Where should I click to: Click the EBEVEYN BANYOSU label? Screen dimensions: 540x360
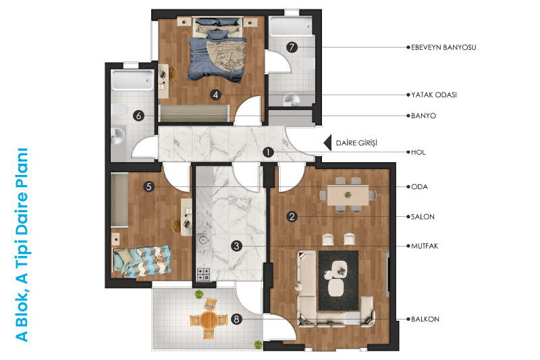(443, 47)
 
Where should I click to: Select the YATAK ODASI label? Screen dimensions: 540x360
(434, 95)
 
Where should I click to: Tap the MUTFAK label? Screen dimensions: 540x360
(425, 246)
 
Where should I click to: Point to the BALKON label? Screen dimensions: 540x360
(425, 319)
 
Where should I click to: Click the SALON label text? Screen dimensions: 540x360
(423, 217)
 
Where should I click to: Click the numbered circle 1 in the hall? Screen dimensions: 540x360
(268, 152)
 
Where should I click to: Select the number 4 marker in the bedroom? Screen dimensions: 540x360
(216, 95)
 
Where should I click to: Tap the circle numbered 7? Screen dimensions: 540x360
(292, 47)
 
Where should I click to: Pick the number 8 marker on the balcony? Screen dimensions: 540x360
(236, 319)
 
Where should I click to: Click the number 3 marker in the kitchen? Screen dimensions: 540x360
(236, 246)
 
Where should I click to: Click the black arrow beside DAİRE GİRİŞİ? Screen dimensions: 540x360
(327, 143)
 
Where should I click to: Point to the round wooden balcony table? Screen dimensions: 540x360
(208, 319)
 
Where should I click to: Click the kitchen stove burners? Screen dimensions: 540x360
(203, 274)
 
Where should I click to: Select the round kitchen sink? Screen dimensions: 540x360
(203, 239)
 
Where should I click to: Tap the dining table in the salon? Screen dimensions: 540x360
(348, 195)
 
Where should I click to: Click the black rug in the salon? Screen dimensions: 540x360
(338, 280)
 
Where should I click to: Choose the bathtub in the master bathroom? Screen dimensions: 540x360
(292, 26)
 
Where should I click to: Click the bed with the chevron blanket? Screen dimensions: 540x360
(142, 261)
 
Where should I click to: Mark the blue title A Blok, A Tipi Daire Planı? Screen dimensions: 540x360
(22, 245)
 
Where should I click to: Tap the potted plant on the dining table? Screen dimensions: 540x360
(348, 195)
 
